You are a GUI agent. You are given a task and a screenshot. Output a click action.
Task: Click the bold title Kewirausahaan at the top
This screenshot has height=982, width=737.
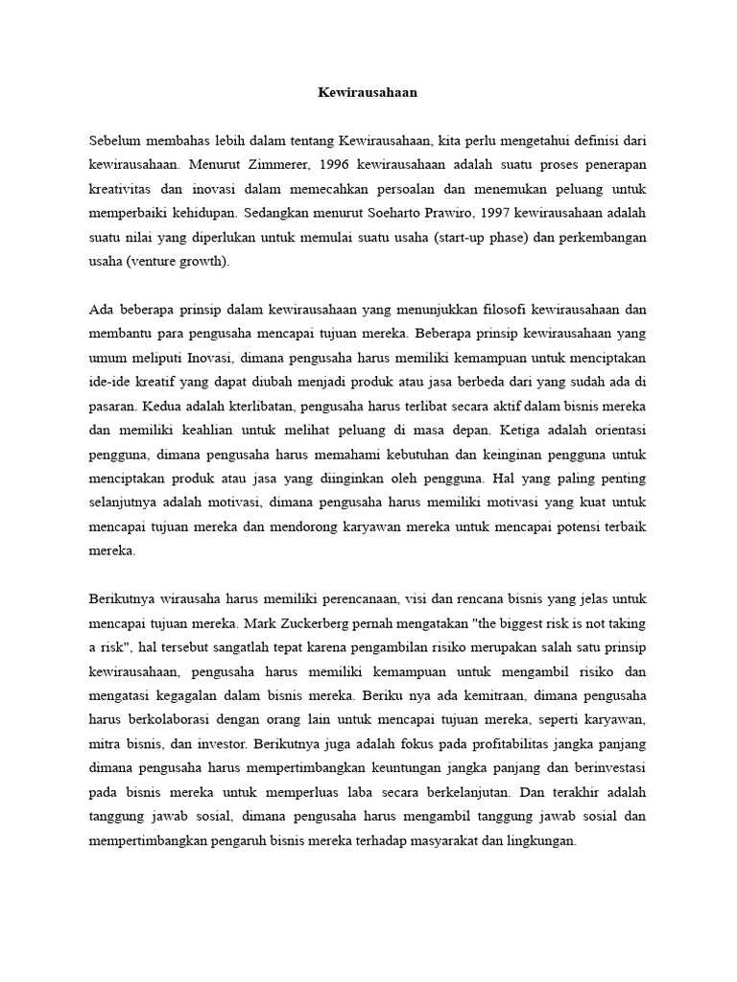[x=368, y=94]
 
